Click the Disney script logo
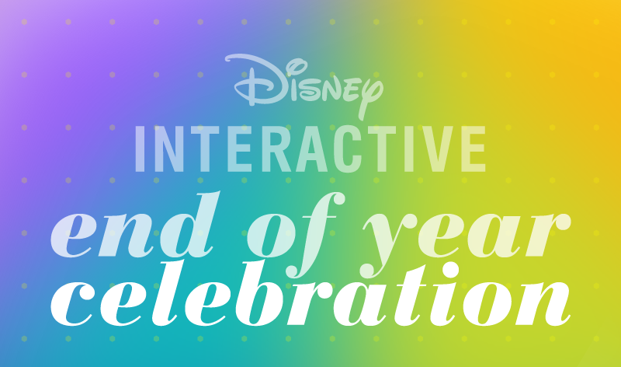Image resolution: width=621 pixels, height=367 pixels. [x=304, y=86]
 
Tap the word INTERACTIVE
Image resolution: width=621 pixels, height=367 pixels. [x=311, y=149]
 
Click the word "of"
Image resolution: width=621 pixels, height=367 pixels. [x=291, y=234]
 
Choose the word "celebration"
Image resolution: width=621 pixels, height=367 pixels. [x=311, y=294]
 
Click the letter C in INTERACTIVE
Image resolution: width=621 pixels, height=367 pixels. [x=347, y=149]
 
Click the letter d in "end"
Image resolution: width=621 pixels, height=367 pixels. [x=190, y=225]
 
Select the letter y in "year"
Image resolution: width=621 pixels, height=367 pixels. [x=390, y=245]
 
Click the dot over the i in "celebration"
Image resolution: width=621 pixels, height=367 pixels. [x=449, y=271]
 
